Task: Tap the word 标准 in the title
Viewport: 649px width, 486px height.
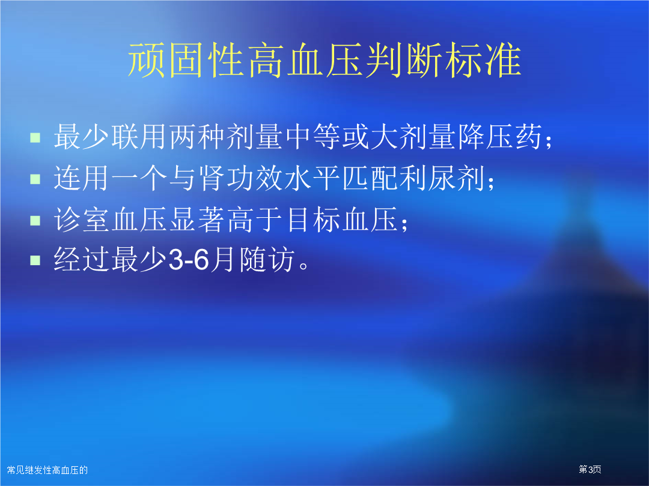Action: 483,61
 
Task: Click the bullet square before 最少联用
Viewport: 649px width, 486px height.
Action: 35,137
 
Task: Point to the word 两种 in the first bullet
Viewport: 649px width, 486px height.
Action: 198,137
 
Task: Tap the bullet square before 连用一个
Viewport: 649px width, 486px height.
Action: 35,179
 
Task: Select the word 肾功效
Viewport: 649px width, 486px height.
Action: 240,179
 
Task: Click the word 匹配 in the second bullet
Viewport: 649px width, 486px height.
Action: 370,179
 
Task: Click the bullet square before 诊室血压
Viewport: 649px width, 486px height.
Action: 35,220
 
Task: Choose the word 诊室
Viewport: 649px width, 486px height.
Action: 82,220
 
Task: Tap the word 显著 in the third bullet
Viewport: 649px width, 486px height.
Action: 198,220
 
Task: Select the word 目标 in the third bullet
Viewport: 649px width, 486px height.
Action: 312,220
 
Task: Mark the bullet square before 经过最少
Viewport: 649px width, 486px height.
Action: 35,260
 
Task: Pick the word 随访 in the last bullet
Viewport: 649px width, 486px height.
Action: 267,260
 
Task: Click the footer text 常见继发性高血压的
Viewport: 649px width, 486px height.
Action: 47,470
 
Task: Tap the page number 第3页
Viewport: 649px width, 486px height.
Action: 590,469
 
